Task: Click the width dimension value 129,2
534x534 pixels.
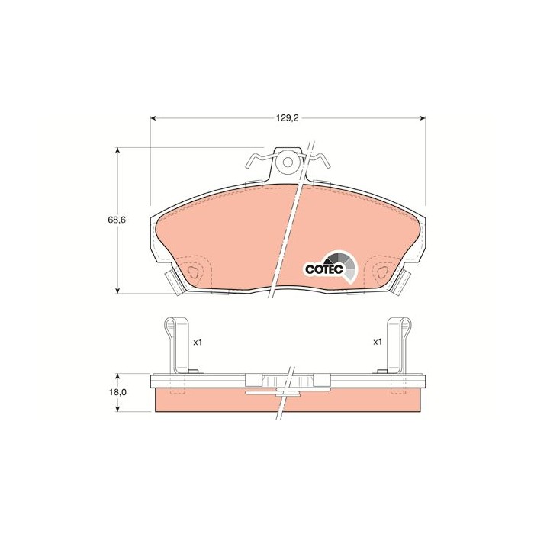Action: click(286, 118)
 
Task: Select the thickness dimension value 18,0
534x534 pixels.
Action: click(118, 392)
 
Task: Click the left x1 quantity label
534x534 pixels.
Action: click(197, 343)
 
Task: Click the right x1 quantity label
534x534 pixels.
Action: click(377, 343)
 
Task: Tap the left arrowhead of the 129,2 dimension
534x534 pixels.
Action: click(153, 118)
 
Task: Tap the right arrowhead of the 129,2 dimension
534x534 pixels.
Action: click(422, 118)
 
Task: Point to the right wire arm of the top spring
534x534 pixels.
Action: click(315, 160)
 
